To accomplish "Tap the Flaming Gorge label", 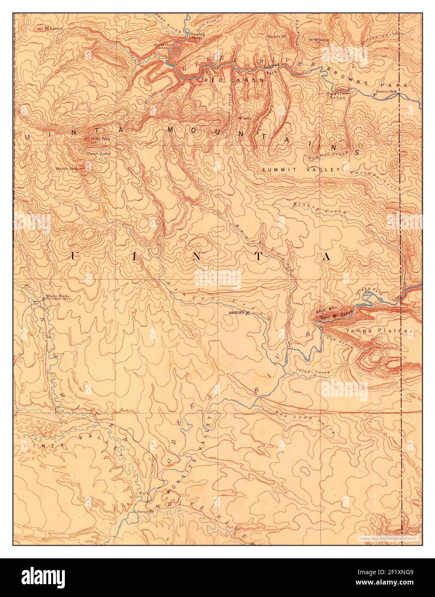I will point(198,36).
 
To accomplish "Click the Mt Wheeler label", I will point(319,40).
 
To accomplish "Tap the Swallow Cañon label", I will point(336,96).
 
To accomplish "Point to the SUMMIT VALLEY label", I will point(301,170).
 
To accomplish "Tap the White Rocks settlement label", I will point(57,296).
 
